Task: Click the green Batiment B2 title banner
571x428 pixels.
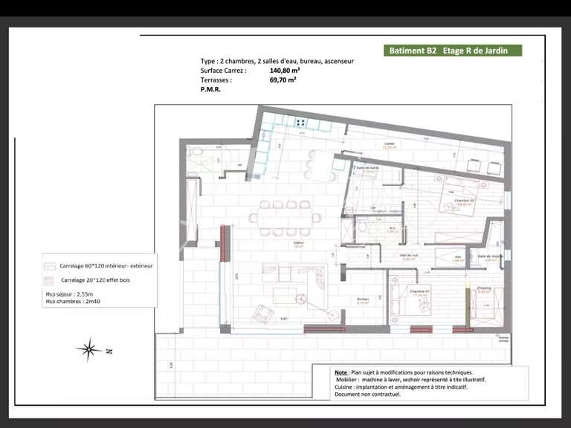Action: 453,51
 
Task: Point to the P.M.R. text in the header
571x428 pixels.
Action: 210,88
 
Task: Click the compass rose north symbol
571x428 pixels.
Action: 89,348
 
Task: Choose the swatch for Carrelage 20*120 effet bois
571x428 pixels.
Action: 50,280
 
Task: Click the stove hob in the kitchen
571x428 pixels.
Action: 302,122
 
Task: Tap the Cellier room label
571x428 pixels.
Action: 389,144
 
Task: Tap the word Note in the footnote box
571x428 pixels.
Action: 341,372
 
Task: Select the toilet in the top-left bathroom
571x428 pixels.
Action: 195,152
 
